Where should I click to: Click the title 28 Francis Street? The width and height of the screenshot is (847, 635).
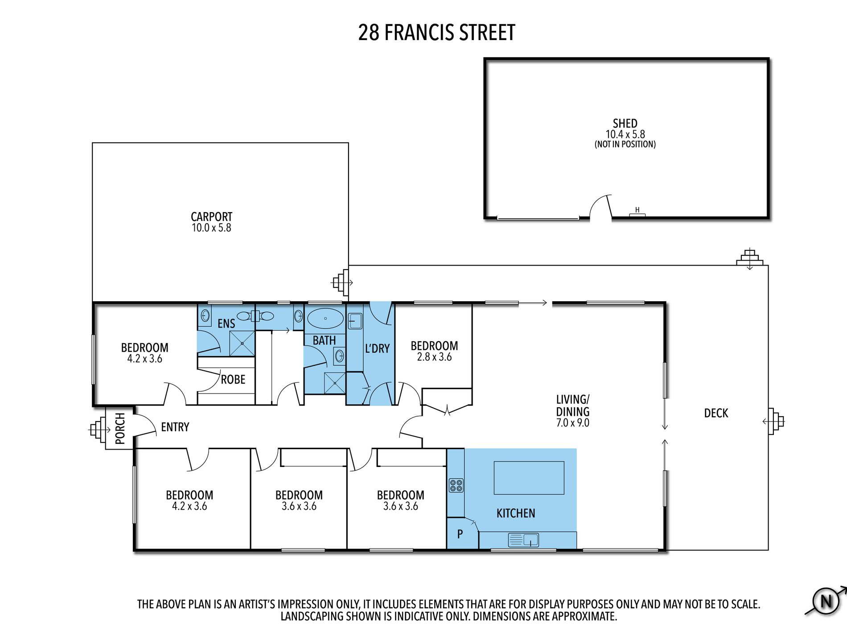(x=436, y=33)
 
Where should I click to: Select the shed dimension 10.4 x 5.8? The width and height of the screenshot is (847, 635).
(x=625, y=134)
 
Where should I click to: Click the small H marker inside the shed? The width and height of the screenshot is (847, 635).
(x=637, y=210)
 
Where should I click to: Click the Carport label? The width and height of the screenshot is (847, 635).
(x=211, y=217)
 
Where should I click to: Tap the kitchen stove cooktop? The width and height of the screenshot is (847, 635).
(x=456, y=485)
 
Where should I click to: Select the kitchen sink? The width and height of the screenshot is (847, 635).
(x=523, y=540)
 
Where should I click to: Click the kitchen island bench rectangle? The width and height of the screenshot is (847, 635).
(x=529, y=478)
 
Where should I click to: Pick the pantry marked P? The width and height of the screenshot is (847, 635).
(x=460, y=533)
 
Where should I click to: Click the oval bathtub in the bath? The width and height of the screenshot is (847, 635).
(x=325, y=319)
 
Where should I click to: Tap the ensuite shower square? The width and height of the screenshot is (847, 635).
(x=242, y=344)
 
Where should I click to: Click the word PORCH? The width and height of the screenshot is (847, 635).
(x=120, y=428)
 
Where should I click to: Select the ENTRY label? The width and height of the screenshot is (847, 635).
(x=175, y=427)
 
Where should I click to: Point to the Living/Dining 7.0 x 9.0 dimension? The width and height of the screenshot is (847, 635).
(x=572, y=423)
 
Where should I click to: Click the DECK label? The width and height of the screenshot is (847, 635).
(x=716, y=413)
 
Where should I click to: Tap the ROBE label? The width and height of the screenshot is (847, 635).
(x=233, y=379)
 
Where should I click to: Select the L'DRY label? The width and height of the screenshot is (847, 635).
(x=377, y=348)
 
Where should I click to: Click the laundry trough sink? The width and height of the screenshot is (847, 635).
(x=355, y=321)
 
